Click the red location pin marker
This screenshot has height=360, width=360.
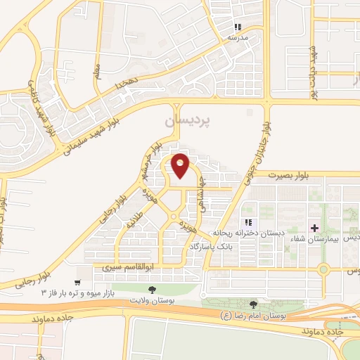[181, 166]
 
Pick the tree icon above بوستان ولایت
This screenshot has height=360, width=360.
[151, 290]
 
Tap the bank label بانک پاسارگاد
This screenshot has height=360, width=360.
[212, 247]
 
